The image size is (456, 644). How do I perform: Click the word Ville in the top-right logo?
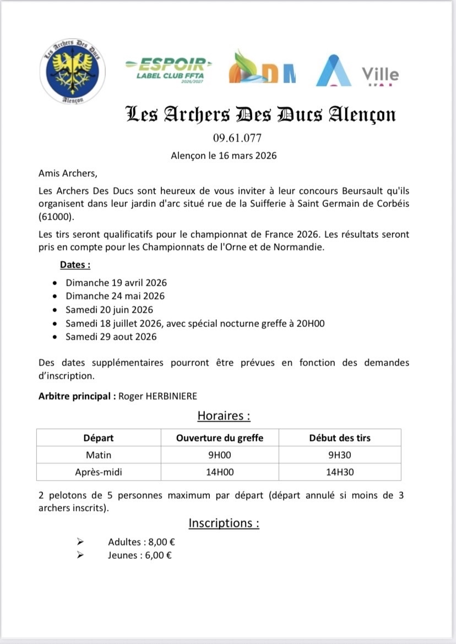pyautogui.click(x=380, y=74)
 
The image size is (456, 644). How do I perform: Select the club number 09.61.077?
pyautogui.click(x=237, y=138)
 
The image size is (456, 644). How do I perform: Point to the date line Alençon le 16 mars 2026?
pyautogui.click(x=224, y=155)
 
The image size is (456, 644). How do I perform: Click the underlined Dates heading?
pyautogui.click(x=75, y=265)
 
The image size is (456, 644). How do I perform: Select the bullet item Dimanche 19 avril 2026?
pyautogui.click(x=116, y=283)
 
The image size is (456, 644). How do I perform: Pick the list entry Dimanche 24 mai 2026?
pyautogui.click(x=115, y=296)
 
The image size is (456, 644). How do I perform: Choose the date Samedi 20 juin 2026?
pyautogui.click(x=109, y=309)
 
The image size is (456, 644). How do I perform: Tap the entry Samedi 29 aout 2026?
pyautogui.click(x=111, y=336)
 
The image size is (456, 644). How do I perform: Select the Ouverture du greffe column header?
pyautogui.click(x=220, y=438)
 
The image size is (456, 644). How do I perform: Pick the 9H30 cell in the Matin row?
pyautogui.click(x=340, y=455)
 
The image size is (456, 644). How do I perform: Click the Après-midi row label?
pyautogui.click(x=99, y=472)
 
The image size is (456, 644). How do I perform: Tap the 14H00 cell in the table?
pyautogui.click(x=220, y=472)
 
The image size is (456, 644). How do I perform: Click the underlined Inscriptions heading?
pyautogui.click(x=224, y=523)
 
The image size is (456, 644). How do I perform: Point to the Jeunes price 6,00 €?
pyautogui.click(x=156, y=555)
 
